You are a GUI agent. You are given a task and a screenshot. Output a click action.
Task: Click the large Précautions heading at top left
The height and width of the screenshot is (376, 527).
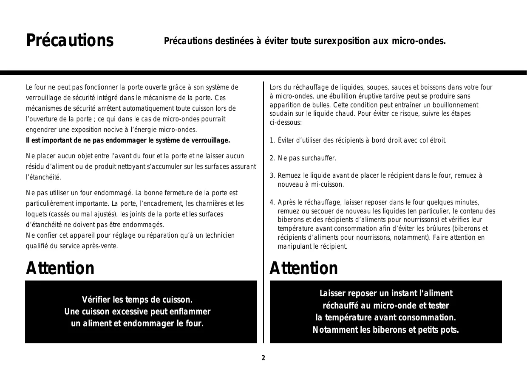coord(70,41)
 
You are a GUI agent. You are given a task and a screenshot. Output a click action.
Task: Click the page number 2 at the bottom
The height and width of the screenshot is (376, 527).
coord(263,358)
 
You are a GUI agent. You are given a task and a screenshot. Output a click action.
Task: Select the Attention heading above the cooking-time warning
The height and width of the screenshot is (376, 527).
coord(60,268)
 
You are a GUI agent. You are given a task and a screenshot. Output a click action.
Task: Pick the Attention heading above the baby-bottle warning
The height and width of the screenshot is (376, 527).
coord(304,268)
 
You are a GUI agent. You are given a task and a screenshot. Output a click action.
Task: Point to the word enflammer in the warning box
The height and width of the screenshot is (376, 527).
coord(189,312)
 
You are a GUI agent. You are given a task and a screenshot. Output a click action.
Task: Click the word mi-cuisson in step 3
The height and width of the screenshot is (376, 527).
coord(329,185)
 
